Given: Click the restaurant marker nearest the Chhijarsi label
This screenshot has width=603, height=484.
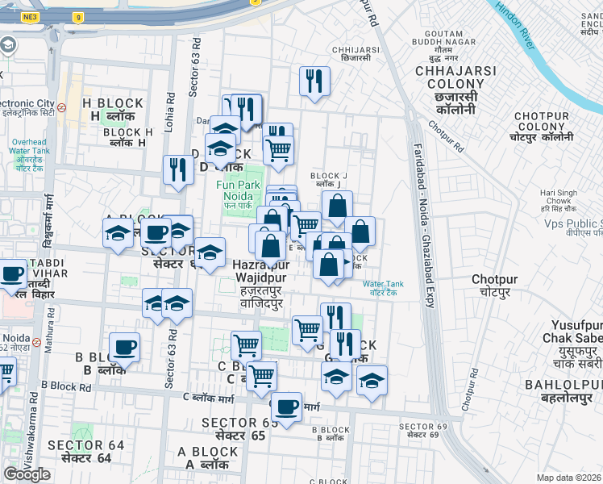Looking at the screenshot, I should click(x=314, y=81).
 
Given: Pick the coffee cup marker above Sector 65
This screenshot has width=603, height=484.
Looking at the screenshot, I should click(x=286, y=405).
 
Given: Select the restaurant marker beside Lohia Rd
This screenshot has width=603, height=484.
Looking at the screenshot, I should click(x=177, y=169).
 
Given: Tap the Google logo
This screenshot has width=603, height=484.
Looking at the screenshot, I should click(x=27, y=474).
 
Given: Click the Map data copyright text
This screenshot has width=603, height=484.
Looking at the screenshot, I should click(x=569, y=478).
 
